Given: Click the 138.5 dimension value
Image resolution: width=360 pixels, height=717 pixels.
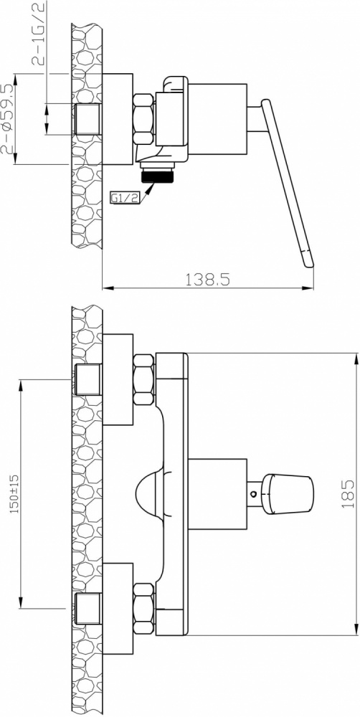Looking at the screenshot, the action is point(207,279).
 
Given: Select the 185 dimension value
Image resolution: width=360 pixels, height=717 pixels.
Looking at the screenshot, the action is point(348,494).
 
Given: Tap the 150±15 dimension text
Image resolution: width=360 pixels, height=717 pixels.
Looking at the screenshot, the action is point(14,494).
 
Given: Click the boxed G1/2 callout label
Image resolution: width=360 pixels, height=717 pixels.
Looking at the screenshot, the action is point(125,198).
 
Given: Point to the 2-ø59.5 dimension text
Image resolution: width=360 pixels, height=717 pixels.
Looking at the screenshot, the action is point(8,118).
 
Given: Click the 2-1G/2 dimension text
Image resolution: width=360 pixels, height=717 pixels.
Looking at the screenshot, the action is point(39,34).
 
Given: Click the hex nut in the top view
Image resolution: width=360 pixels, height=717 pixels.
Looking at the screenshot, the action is point(143,119).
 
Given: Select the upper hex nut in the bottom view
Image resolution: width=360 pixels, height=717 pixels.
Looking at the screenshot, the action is point(144,379).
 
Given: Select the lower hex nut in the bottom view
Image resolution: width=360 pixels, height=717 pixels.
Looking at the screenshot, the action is point(144,608).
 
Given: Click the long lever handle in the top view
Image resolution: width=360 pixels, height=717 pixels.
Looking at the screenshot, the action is point(288,183).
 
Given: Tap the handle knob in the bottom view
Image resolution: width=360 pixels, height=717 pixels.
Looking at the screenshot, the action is point(288,494).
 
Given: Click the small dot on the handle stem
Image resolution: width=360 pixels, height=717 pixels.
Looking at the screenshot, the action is point(252,494).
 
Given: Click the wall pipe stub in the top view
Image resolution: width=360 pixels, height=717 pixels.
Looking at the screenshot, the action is point(87,119).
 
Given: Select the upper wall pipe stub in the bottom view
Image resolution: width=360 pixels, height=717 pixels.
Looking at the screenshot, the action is point(87,379).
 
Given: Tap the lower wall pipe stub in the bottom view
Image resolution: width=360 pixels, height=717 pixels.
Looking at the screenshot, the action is point(87,609).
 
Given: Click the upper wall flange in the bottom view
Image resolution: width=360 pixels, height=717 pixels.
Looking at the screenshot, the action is point(118,379).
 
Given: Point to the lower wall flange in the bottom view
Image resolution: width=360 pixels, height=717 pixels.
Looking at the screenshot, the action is point(118,609).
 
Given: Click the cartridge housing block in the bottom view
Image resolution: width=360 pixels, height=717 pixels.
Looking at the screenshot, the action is point(218,494).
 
